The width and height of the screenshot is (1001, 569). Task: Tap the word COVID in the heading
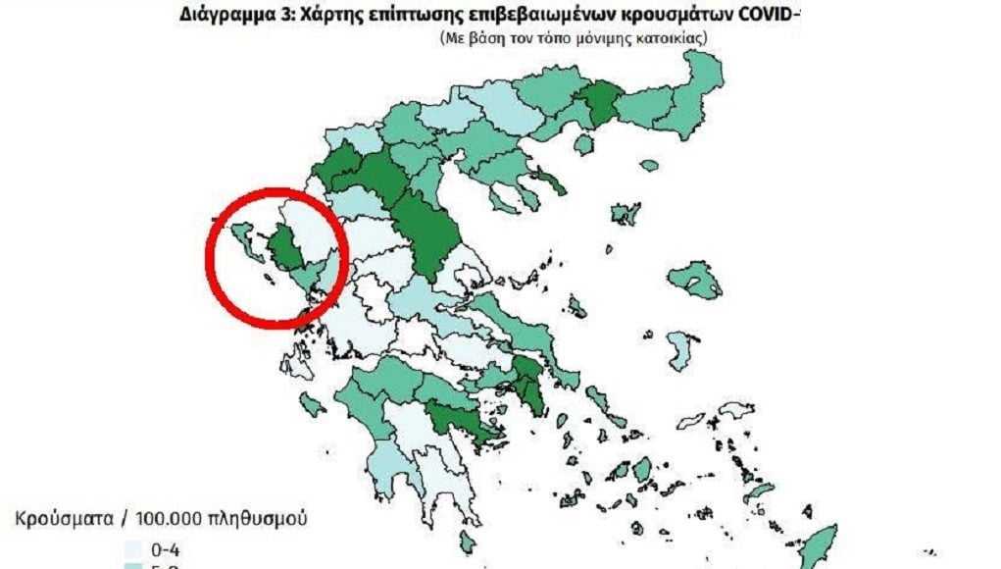tap(761, 15)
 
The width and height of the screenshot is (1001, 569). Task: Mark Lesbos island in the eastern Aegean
tap(700, 282)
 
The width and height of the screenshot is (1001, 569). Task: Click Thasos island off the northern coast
tap(583, 145)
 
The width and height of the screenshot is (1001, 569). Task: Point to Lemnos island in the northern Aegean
tap(625, 213)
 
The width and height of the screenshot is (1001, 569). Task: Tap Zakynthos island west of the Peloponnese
tap(313, 403)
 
